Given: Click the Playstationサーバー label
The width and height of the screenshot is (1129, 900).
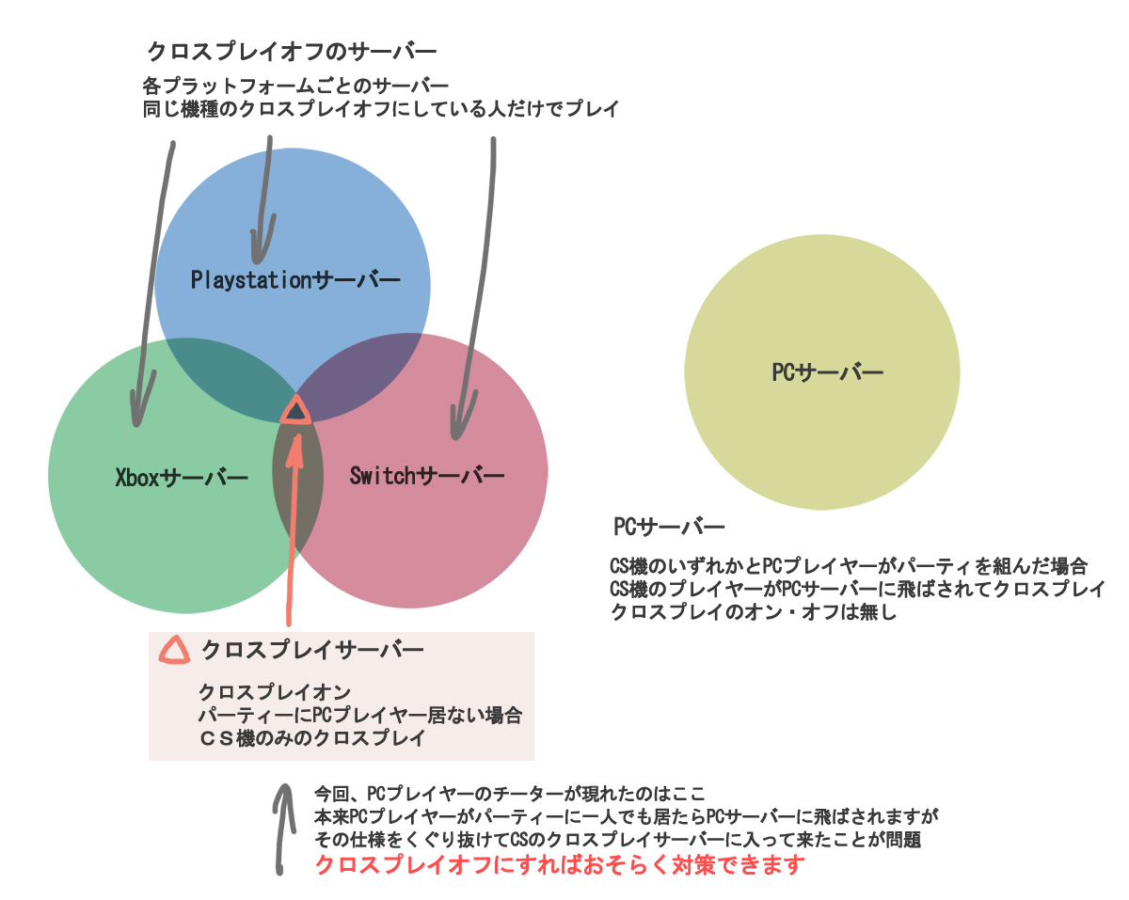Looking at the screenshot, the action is [x=295, y=279].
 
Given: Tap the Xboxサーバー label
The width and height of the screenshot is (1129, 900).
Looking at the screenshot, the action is [x=182, y=478].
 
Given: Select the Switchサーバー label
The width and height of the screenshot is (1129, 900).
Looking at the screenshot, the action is [x=426, y=476].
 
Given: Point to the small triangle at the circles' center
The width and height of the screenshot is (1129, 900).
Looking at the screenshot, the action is [x=296, y=411].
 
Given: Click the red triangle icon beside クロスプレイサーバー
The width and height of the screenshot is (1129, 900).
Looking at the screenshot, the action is [x=174, y=650].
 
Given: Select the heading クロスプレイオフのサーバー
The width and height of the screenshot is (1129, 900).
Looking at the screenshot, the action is [x=293, y=51].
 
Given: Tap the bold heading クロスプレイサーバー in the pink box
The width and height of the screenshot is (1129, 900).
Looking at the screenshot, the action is [x=312, y=650].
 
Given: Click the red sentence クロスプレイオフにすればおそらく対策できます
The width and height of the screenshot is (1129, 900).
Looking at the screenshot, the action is [x=561, y=865].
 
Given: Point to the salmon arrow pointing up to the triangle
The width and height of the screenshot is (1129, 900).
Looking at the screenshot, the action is [x=293, y=527].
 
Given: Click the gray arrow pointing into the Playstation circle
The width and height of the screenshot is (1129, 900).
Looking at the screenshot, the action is [x=262, y=197].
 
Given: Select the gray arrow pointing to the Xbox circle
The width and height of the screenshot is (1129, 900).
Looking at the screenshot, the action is [x=153, y=282].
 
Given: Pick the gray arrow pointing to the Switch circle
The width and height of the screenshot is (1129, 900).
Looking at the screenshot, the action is [x=477, y=282].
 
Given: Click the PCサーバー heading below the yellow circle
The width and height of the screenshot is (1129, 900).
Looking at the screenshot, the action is [x=669, y=528].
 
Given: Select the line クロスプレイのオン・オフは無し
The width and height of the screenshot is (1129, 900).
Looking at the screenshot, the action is [x=755, y=612].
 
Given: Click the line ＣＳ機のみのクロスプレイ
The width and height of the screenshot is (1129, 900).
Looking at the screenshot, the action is [x=311, y=738].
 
